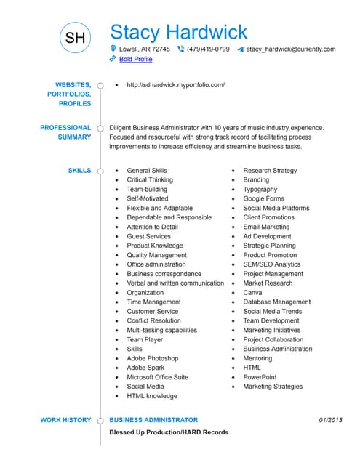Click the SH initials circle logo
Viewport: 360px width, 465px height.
click(75, 38)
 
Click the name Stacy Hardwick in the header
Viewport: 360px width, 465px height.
click(178, 32)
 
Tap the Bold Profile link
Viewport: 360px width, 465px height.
click(136, 60)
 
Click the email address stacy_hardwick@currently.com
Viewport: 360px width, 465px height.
click(291, 49)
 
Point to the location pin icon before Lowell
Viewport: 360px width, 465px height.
click(113, 49)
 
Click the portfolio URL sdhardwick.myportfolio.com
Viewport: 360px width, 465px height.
click(175, 85)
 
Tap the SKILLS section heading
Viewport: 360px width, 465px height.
click(79, 171)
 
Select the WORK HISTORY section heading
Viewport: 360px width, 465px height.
click(65, 420)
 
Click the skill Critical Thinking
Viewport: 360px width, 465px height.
click(150, 180)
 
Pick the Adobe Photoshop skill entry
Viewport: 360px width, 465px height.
click(152, 358)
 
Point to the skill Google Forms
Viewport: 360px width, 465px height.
click(263, 198)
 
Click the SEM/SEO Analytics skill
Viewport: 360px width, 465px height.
click(271, 264)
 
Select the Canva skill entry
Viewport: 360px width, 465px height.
click(252, 293)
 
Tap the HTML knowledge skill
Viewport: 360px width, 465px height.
click(151, 396)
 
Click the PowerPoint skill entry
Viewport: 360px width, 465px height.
click(260, 377)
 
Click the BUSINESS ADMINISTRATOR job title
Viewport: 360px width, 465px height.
click(153, 420)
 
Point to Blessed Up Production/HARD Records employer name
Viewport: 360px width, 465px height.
click(169, 432)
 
